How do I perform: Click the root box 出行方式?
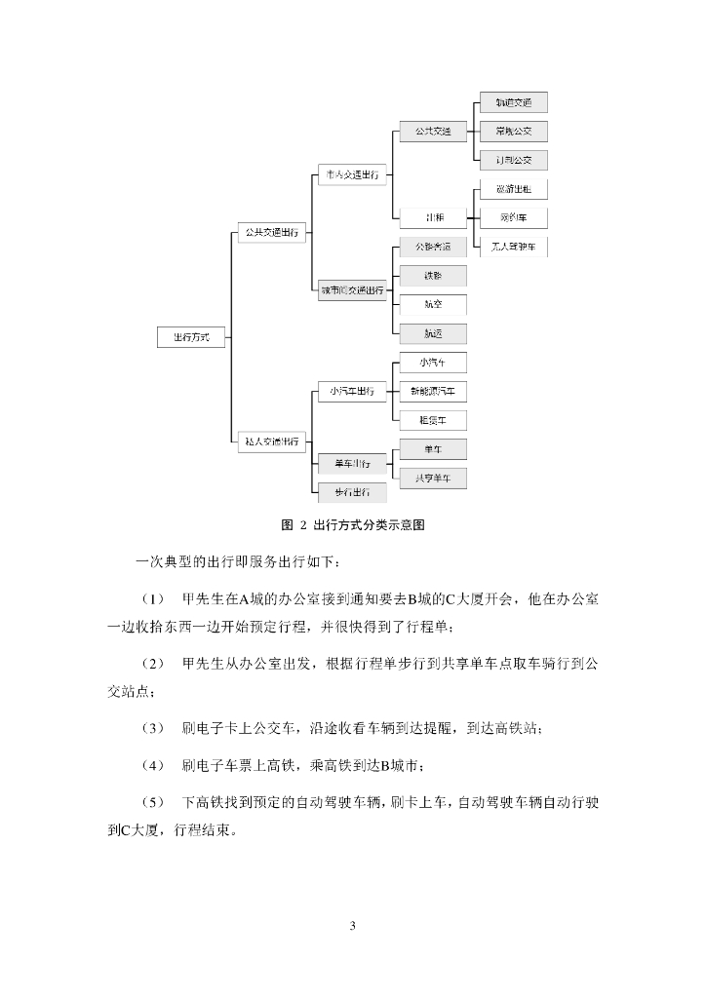click(191, 337)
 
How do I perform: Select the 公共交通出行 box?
click(271, 234)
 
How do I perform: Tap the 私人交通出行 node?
click(271, 441)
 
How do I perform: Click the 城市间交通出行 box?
click(352, 289)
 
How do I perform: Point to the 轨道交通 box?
click(513, 102)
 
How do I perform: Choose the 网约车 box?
click(513, 217)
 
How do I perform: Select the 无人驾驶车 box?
click(513, 246)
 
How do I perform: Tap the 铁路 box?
click(432, 276)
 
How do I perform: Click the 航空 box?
click(432, 304)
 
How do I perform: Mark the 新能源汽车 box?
click(432, 392)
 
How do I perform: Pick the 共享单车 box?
click(432, 478)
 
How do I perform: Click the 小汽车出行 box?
click(352, 392)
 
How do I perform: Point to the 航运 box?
click(432, 333)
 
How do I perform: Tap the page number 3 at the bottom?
click(353, 925)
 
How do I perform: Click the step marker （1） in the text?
click(154, 596)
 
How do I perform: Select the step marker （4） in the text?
click(154, 763)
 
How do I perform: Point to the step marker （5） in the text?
click(154, 801)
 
